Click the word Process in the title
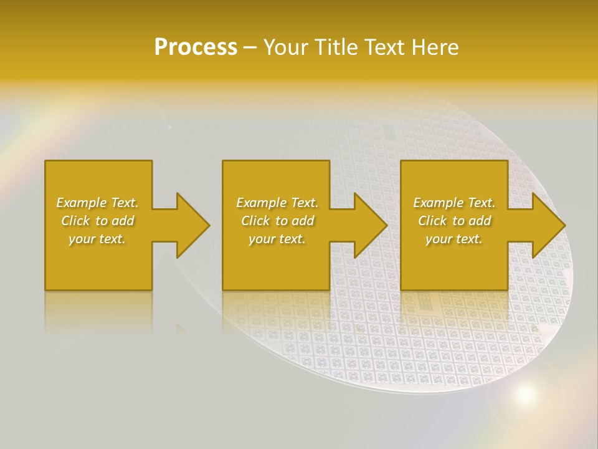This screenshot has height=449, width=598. click(x=196, y=47)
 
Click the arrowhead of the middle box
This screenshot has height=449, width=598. click(x=370, y=225)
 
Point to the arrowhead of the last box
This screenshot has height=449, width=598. click(x=548, y=225)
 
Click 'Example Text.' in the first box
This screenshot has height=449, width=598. click(x=97, y=203)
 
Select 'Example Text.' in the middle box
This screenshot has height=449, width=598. click(x=277, y=203)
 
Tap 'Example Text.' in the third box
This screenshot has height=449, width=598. click(x=454, y=203)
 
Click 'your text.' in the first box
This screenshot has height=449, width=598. click(x=97, y=239)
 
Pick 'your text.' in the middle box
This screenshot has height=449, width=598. click(x=277, y=239)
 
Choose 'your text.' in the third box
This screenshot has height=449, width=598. click(x=454, y=239)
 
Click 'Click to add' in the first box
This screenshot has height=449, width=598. click(x=97, y=221)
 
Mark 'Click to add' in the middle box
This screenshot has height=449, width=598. click(x=277, y=221)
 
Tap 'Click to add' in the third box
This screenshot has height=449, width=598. click(x=454, y=221)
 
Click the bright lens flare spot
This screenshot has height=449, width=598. click(x=525, y=393)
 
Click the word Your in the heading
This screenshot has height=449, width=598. click(x=287, y=47)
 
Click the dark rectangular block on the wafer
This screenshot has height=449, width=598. click(x=388, y=132)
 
